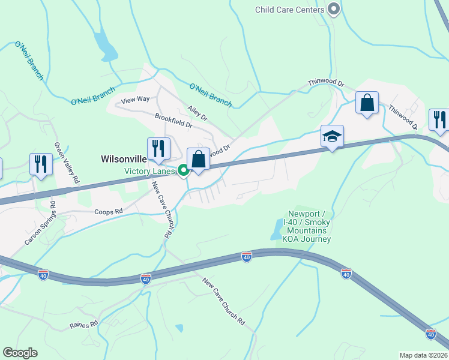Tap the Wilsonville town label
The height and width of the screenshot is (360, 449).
pyautogui.click(x=122, y=159)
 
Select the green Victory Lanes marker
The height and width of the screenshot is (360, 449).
pyautogui.click(x=184, y=171)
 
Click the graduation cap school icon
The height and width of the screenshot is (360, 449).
pyautogui.click(x=331, y=136)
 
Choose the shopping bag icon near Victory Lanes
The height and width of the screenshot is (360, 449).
pyautogui.click(x=199, y=160)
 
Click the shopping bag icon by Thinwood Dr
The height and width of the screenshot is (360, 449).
pyautogui.click(x=367, y=103)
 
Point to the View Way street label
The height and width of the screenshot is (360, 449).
pyautogui.click(x=135, y=100)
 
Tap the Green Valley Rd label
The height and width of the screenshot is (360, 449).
pyautogui.click(x=67, y=163)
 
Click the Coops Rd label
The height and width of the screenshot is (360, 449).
pyautogui.click(x=108, y=212)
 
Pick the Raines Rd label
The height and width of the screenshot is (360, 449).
pyautogui.click(x=83, y=325)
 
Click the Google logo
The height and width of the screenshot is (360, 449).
pyautogui.click(x=20, y=353)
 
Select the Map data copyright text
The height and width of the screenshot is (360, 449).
pyautogui.click(x=424, y=355)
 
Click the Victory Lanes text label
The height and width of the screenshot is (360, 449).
pyautogui.click(x=150, y=171)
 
